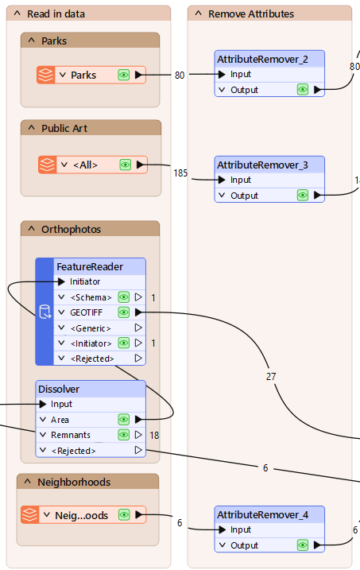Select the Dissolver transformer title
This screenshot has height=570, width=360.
(x=64, y=389)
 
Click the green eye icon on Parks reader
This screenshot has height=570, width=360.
(x=124, y=75)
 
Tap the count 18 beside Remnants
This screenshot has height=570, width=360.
(x=154, y=435)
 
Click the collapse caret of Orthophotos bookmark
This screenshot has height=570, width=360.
(x=31, y=229)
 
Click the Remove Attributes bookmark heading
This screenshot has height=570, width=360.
(x=250, y=14)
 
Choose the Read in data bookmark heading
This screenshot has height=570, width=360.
(x=56, y=14)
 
